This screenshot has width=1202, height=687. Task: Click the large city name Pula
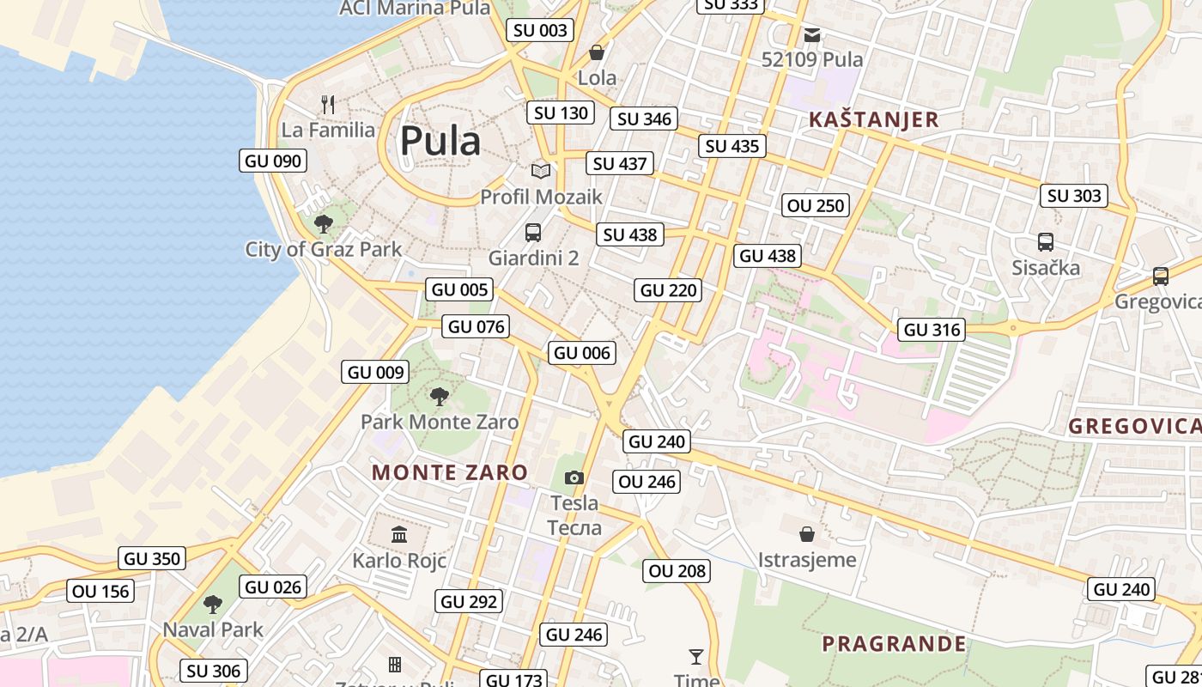440,141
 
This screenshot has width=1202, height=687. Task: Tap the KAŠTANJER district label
874,119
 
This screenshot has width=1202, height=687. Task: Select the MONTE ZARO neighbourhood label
450,472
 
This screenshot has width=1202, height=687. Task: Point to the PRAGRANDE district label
894,644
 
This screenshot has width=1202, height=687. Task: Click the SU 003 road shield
541,31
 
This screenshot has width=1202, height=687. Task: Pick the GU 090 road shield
273,161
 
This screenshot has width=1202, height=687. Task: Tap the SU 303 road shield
1074,196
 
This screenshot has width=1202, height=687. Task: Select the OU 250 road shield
816,205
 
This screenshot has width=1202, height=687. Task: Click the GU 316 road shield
932,330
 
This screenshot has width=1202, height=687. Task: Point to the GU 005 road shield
461,289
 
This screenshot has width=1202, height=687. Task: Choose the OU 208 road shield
677,571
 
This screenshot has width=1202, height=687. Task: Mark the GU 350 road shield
153,559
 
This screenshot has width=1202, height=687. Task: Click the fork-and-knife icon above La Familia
327,105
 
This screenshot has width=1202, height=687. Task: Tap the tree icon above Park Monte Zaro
440,397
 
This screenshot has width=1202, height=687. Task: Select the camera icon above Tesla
574,478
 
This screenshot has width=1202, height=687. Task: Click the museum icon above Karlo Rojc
399,535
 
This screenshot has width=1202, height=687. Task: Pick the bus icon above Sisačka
1046,242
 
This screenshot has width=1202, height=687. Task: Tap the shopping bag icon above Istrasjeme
807,535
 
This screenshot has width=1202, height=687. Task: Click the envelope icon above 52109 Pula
812,35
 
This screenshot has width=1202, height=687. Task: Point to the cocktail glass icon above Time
696,657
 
